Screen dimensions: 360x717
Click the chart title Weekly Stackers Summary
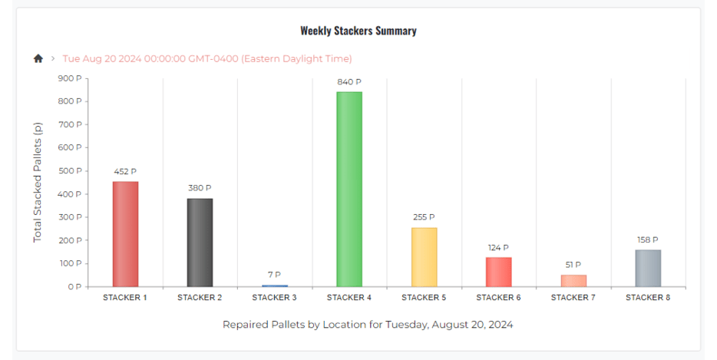click(x=358, y=31)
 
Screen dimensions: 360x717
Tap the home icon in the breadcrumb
click(x=38, y=58)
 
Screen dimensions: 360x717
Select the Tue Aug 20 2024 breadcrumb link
click(x=207, y=58)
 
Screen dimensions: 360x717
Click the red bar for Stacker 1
click(x=125, y=234)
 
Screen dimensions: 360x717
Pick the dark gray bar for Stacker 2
click(x=200, y=243)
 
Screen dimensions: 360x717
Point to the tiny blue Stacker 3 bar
click(x=274, y=286)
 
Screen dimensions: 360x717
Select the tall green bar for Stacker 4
click(x=349, y=190)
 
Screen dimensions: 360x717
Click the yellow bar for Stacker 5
click(x=424, y=257)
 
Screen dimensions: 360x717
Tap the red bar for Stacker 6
click(x=498, y=272)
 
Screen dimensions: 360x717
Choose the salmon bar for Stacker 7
click(x=573, y=280)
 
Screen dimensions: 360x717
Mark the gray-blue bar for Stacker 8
click(x=648, y=268)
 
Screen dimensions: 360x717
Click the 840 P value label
click(x=349, y=81)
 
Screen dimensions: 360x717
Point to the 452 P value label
click(x=125, y=171)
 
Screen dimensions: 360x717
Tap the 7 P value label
click(x=274, y=275)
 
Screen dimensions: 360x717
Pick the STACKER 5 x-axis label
click(x=424, y=298)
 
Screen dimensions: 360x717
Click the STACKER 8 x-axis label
click(x=648, y=298)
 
